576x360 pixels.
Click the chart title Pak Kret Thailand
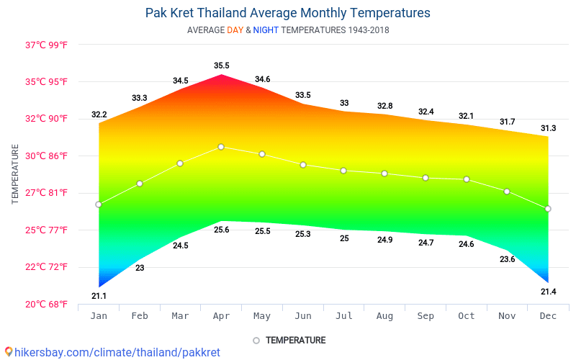click(287, 13)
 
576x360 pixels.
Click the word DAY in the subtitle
click(235, 30)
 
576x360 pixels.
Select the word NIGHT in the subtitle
click(266, 30)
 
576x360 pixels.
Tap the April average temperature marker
click(221, 147)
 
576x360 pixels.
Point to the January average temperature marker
click(99, 204)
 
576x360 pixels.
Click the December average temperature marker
click(548, 209)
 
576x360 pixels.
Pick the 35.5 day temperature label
click(221, 66)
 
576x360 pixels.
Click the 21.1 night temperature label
click(99, 296)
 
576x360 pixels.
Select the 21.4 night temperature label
click(548, 292)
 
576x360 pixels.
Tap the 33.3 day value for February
click(140, 98)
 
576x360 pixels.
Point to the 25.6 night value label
click(221, 230)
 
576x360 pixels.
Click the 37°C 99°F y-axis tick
click(47, 45)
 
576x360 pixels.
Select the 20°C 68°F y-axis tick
click(47, 304)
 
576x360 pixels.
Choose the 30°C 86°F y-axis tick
click(47, 156)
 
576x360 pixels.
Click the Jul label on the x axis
click(344, 317)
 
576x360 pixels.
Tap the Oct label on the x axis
click(467, 317)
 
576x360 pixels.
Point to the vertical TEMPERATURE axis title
click(15, 174)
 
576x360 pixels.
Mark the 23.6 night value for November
click(507, 259)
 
